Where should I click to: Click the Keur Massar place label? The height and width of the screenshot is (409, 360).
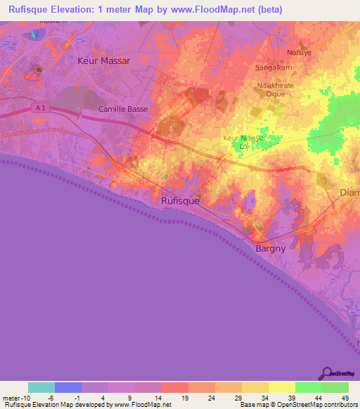coord(103,61)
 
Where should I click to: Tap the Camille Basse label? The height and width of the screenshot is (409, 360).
coord(120,110)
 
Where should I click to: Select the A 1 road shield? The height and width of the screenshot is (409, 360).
coord(41,107)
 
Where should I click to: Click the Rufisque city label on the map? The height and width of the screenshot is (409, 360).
coord(180,200)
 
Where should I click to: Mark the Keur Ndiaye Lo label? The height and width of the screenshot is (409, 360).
coord(243,143)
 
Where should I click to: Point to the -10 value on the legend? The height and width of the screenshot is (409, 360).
coord(24,398)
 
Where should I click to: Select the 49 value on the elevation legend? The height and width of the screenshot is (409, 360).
coord(345,398)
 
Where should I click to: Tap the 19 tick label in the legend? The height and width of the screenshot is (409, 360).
coord(184,398)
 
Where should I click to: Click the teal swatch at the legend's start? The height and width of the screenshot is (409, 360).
coord(41,387)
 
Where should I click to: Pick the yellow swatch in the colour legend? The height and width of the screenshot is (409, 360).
coord(281,387)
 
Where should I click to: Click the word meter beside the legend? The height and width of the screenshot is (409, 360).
coord(10,398)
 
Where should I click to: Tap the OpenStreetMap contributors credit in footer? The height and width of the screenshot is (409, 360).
coord(316,405)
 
